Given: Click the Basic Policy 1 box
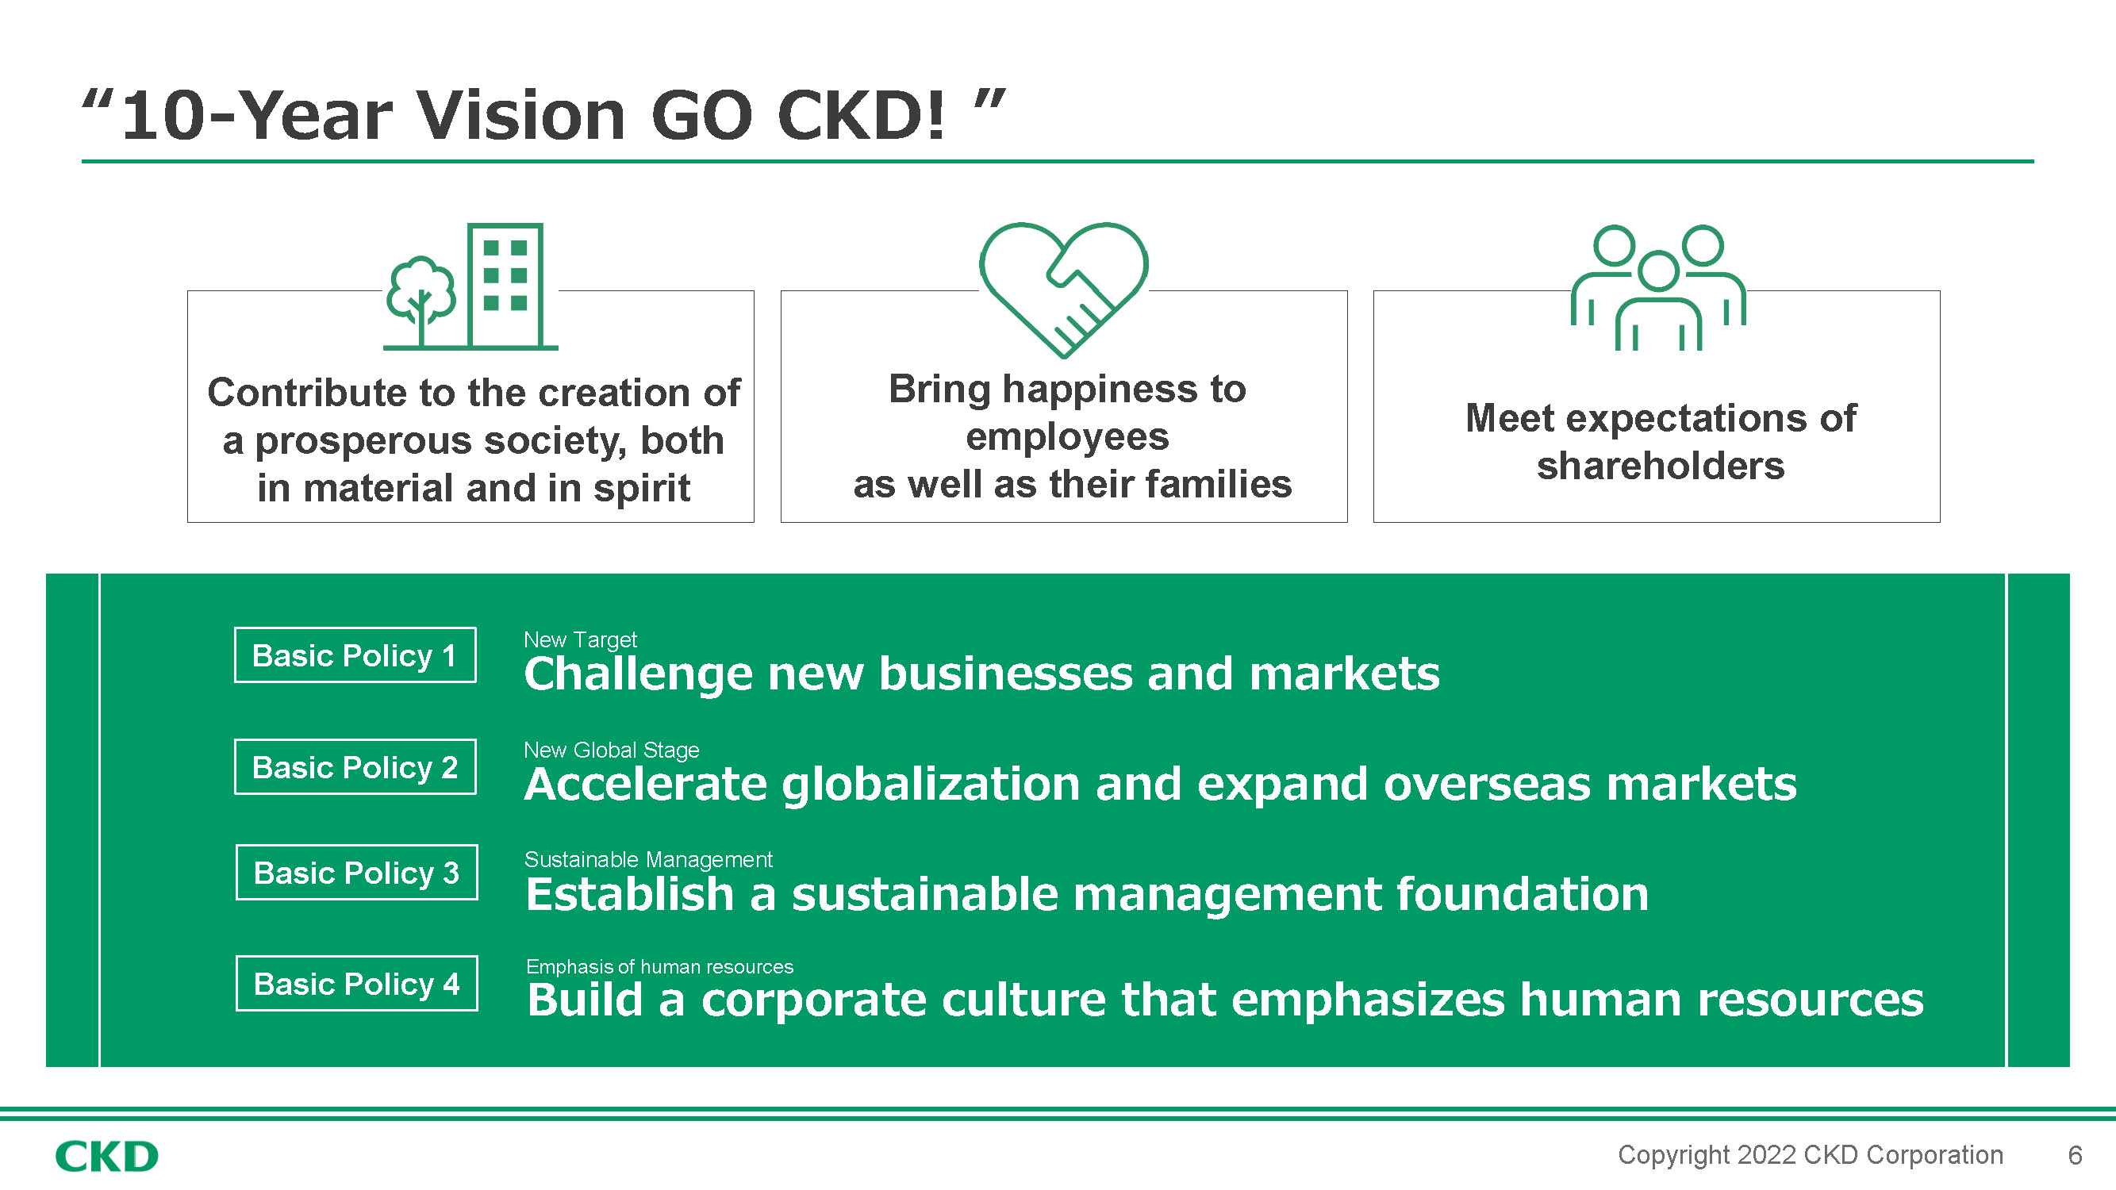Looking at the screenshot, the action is click(355, 654).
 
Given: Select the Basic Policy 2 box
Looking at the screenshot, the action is click(355, 766).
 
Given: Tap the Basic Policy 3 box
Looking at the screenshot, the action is click(356, 872).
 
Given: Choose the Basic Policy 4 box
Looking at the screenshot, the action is click(356, 983).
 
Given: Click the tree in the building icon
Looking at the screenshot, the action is click(421, 301).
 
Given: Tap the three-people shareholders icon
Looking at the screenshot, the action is click(1658, 287).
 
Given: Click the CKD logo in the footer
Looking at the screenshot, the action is click(107, 1157).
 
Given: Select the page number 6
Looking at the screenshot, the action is click(2075, 1156).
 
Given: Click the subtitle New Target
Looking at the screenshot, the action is click(580, 639).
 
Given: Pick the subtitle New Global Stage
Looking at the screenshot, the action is click(611, 750).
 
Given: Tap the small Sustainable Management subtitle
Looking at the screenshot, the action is click(648, 859).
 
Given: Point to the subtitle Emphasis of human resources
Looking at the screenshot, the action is click(659, 966).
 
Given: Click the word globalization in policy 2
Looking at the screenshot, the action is click(930, 785).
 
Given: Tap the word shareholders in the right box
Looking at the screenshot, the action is click(1661, 466).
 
